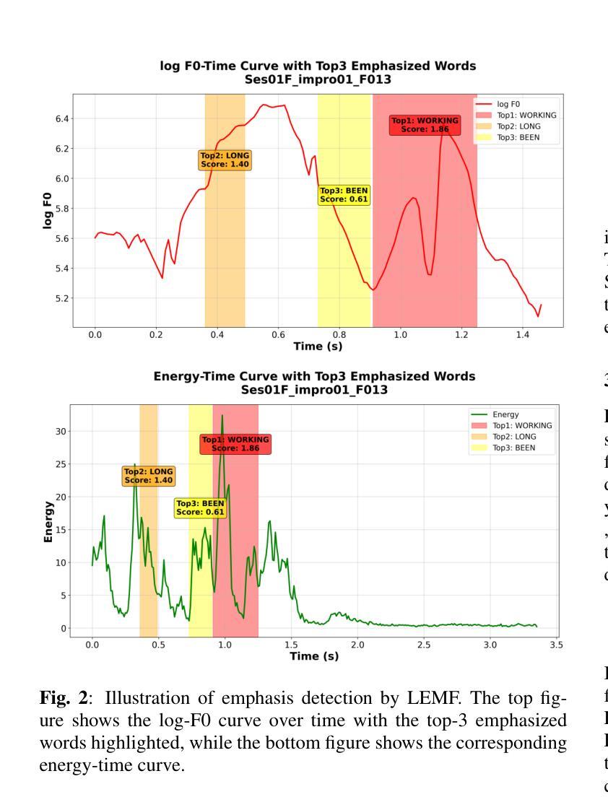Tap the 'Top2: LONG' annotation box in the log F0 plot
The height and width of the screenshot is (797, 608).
tap(225, 160)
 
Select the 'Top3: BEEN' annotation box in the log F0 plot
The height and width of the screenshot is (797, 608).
tap(344, 195)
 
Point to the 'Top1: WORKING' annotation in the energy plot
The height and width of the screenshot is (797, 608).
tap(235, 444)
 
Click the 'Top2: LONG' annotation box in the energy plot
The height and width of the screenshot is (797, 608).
tap(148, 475)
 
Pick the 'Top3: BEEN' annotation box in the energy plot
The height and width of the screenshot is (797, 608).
tap(200, 508)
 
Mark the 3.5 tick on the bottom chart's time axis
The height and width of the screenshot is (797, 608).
tap(556, 643)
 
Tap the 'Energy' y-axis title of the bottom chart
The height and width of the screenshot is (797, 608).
tap(48, 522)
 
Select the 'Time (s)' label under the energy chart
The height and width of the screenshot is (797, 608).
tap(314, 656)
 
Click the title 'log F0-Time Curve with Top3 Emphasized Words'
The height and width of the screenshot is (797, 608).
tap(318, 66)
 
